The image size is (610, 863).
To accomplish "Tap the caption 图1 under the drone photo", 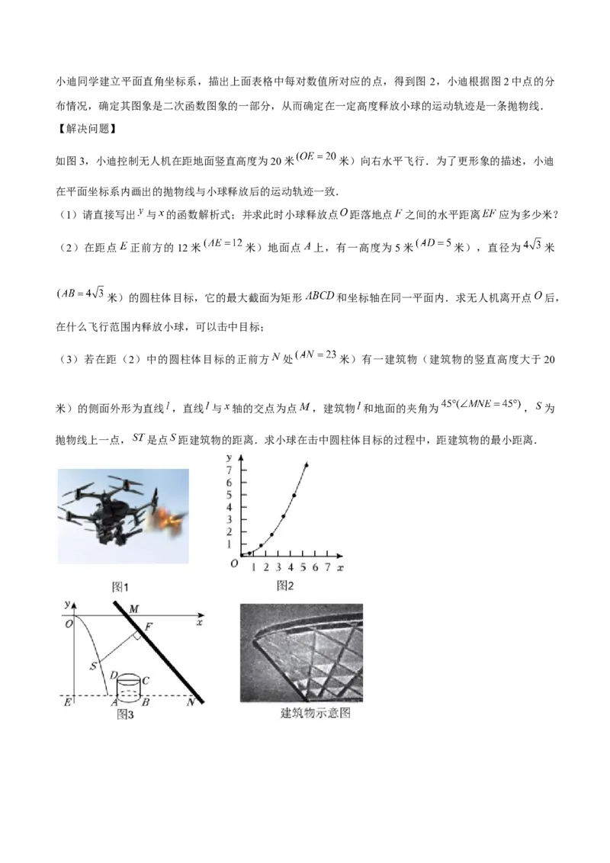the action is (120, 587).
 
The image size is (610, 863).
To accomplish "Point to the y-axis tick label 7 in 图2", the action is (230, 470).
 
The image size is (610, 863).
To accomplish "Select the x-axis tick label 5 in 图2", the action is (303, 567).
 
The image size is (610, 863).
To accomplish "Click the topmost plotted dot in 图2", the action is (306, 465).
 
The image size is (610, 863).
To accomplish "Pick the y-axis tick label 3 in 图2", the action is (230, 519).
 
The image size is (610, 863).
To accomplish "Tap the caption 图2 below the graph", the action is (285, 585).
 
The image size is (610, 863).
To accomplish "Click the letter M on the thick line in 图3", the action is (133, 608).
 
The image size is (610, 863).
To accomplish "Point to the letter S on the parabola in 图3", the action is (94, 666).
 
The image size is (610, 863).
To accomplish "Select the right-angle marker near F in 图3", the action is (136, 637).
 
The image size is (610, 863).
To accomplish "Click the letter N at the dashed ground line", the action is (191, 702).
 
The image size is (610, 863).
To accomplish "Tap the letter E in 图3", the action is (68, 702).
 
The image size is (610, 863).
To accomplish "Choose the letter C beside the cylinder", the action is (146, 681).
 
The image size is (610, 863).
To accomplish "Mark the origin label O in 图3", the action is (69, 624).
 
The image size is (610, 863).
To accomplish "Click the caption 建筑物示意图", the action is (316, 713).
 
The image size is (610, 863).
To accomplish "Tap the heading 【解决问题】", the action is (86, 129).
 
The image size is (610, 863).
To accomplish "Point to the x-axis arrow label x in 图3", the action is (199, 623).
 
